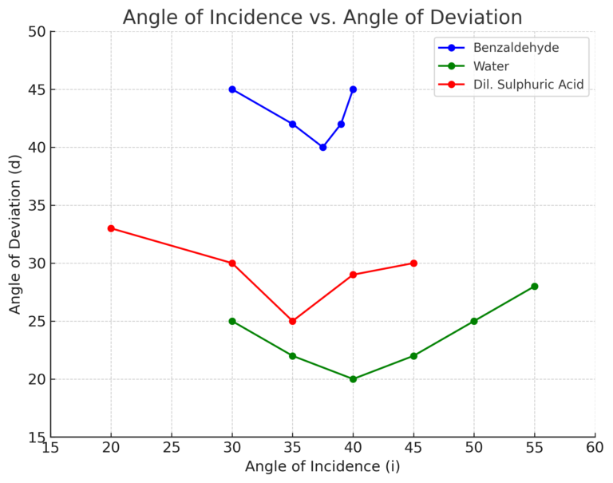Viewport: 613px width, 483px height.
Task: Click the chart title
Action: click(322, 17)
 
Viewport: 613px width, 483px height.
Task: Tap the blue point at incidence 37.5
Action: click(322, 147)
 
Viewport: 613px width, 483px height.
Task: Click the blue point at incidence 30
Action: click(232, 89)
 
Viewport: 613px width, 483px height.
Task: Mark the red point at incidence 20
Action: click(111, 228)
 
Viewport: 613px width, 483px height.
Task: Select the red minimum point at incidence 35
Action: click(292, 321)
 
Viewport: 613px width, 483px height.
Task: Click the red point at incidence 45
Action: click(413, 263)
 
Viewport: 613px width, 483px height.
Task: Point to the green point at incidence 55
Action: click(534, 286)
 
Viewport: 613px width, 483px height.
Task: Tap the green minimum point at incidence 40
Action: click(353, 379)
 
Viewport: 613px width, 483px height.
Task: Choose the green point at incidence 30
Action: click(232, 321)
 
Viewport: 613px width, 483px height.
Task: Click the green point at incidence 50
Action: click(474, 321)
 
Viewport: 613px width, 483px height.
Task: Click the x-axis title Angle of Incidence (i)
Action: click(322, 466)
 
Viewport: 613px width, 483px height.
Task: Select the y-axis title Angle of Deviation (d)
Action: click(15, 234)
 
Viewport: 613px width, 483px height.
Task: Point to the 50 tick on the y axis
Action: click(35, 32)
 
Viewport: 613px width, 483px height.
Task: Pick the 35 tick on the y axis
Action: click(35, 205)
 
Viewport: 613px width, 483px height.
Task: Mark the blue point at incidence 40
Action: click(353, 89)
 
